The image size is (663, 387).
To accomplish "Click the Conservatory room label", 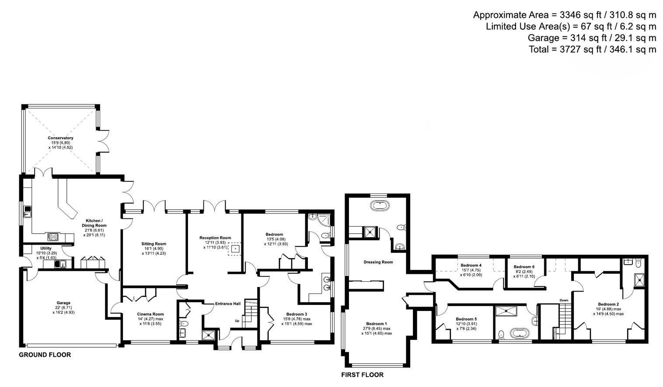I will point(60,138).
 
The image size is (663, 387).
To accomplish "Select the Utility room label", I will point(46,248).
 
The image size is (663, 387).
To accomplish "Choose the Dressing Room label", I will point(378,262).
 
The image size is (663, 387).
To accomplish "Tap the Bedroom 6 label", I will point(524,266).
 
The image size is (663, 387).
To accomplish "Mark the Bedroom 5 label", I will point(466,319).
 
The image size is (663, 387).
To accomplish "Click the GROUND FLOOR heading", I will point(45,355).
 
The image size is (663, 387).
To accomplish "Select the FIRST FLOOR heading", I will point(362,375).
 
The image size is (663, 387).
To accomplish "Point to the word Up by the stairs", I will point(237,321).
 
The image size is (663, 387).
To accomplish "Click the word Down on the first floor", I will point(564,300).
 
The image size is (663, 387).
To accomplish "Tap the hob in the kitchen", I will point(53,237).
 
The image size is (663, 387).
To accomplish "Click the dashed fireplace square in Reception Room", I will point(235,249).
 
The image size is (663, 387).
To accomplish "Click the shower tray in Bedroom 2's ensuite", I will point(639,279).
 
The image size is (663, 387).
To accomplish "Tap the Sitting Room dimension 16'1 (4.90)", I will point(154,249).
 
